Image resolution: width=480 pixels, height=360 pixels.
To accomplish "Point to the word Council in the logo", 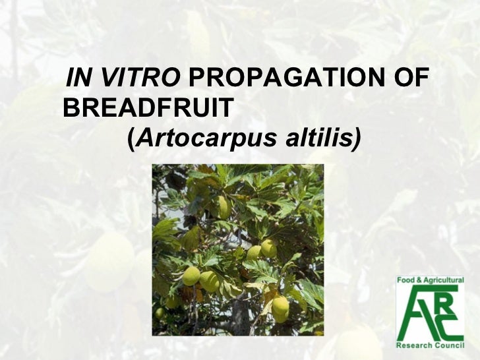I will [449, 344].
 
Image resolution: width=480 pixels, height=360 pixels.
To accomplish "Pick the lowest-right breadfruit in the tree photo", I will [280, 307].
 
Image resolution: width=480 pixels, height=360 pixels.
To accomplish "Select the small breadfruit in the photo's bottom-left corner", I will [160, 313].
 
